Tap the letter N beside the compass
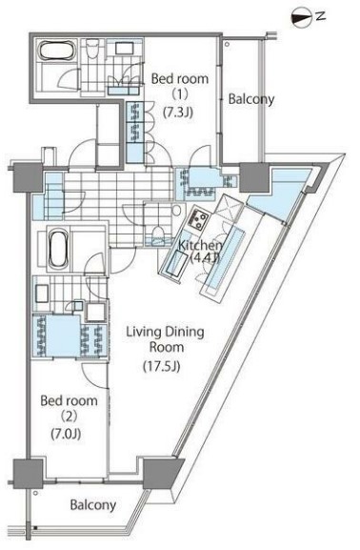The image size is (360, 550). coord(320,16)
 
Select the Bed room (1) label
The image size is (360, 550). coord(179,94)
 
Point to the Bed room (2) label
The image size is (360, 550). coord(69,417)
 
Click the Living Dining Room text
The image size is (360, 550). coord(165,339)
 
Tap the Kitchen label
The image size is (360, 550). coord(200,246)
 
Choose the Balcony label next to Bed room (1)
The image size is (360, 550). coord(251,99)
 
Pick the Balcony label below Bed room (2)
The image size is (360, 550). coord(93,505)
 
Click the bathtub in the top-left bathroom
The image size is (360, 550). coord(57,51)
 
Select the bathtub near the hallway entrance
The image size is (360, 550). coord(57,248)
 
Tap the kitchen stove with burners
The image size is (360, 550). coord(198,218)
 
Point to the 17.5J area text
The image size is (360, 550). coord(162,367)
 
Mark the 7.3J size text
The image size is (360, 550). coord(178,112)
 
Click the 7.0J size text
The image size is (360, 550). coord(66,435)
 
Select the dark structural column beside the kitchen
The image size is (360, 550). coord(254,177)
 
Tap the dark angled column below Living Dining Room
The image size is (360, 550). coord(162,473)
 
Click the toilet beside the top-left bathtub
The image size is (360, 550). coord(93,48)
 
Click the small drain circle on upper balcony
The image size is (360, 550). coord(228,45)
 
